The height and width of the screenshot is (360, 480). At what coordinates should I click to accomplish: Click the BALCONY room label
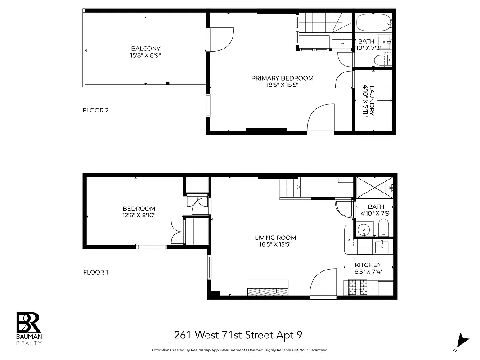point(145,49)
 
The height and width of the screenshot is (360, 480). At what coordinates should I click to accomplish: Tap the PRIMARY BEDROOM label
point(282,78)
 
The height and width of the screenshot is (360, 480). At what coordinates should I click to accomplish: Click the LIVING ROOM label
point(275,238)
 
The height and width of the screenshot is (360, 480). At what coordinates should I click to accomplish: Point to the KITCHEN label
point(368,265)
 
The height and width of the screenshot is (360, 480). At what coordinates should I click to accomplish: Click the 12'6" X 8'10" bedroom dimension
point(139,216)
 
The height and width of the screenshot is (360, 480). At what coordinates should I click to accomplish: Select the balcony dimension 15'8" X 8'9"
point(145,55)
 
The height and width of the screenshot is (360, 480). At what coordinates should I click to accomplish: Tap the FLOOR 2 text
point(96,110)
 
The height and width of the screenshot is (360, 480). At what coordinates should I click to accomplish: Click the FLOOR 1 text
point(96,272)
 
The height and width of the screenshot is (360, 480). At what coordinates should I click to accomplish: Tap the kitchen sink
point(382,245)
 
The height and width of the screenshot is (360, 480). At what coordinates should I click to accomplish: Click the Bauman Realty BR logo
point(29,323)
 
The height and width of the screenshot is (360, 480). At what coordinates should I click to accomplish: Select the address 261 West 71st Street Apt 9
point(238,335)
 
